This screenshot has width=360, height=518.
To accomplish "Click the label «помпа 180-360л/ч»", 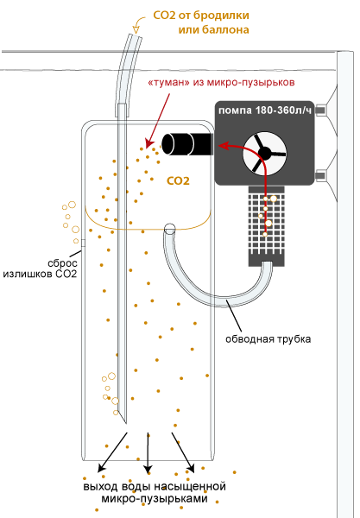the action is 265,111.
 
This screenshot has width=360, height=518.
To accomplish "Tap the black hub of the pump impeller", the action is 264,153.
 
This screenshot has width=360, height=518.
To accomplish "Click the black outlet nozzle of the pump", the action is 186,143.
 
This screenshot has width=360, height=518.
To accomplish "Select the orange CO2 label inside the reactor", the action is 178,180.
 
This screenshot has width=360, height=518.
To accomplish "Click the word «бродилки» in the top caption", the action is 221,16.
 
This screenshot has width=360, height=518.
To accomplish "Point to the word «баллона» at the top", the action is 225,29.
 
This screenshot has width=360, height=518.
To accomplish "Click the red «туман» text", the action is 168,82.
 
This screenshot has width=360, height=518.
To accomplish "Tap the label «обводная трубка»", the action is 268,339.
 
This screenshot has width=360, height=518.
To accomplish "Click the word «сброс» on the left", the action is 62,263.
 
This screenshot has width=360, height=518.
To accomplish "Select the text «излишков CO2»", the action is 40,274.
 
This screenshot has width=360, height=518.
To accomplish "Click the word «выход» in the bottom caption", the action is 100,487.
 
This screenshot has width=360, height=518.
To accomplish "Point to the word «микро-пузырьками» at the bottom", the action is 155,498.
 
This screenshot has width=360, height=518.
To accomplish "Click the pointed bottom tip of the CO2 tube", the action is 126,424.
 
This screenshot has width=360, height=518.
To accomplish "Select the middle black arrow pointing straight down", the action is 148,452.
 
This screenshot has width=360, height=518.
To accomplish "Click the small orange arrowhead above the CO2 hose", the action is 136,29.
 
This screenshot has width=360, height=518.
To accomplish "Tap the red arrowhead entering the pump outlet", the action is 224,146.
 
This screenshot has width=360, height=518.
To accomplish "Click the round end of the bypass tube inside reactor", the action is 170,228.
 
